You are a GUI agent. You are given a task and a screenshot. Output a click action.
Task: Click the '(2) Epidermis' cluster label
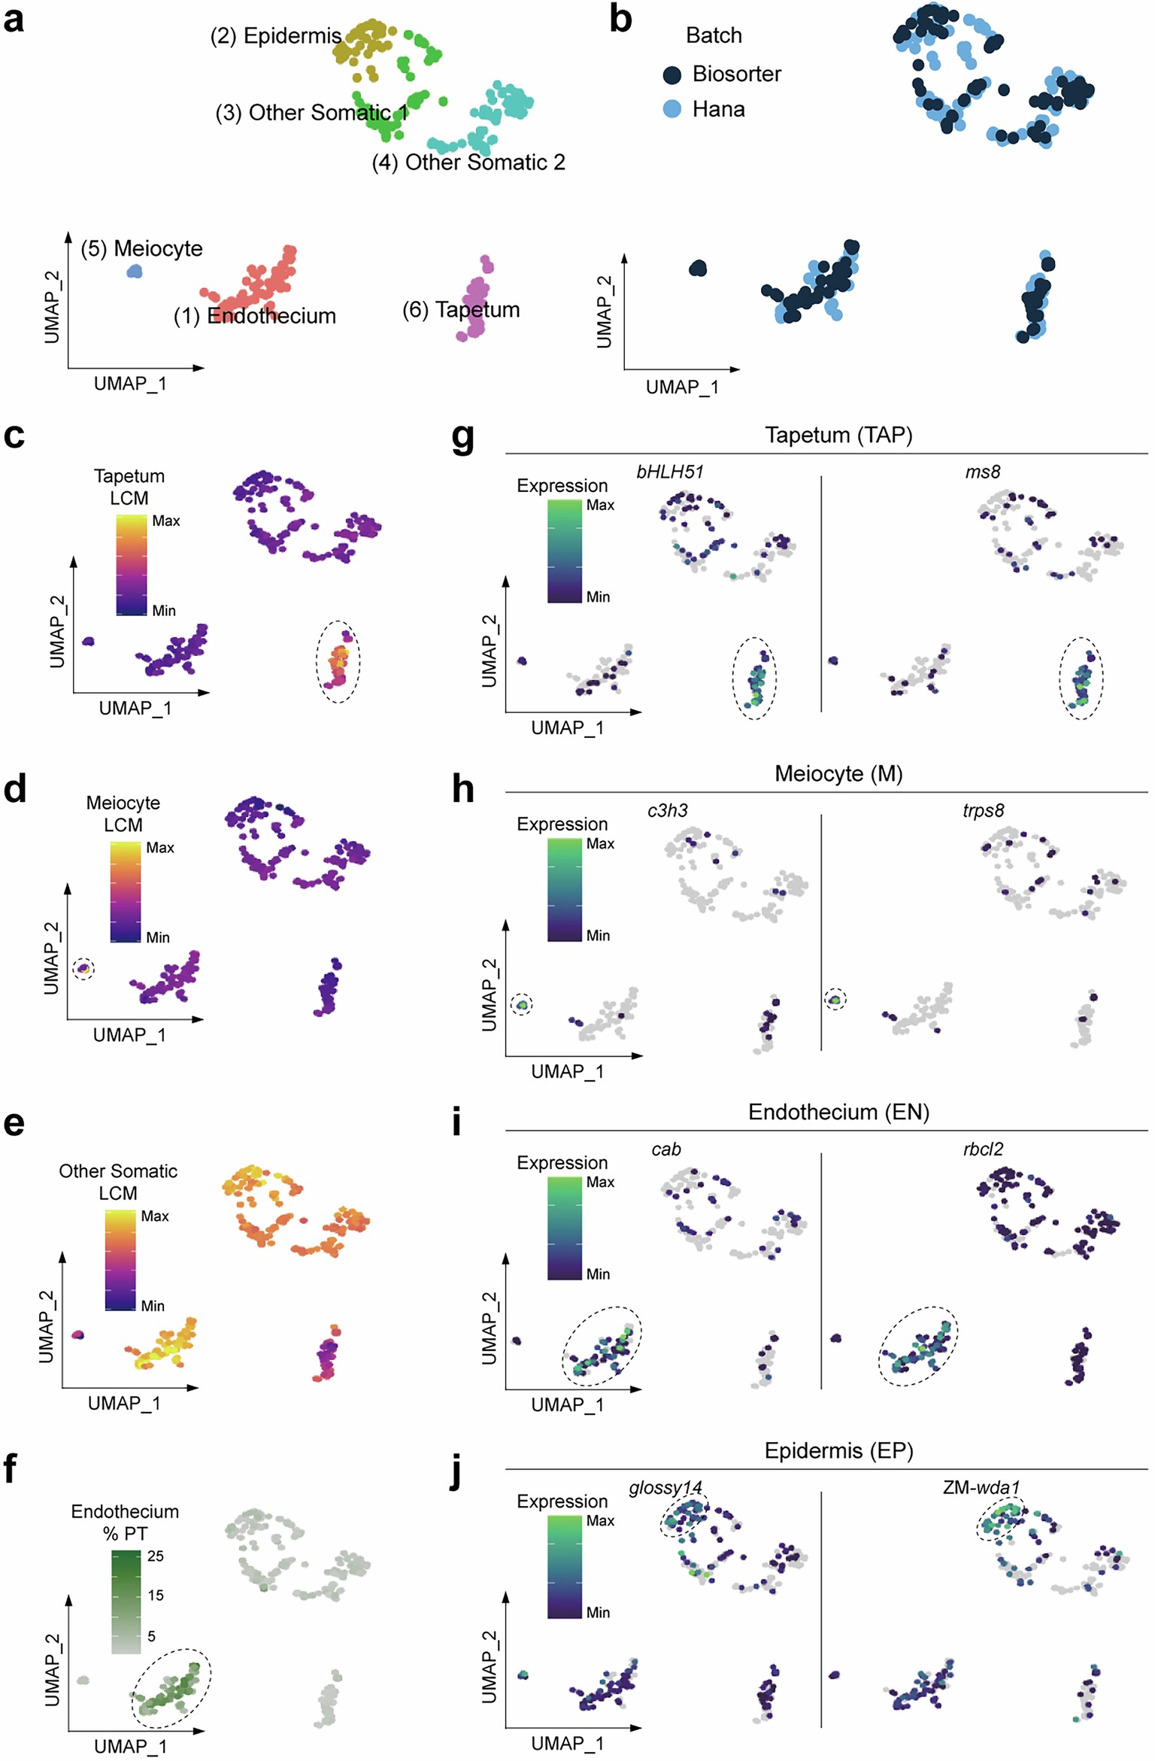point(275,36)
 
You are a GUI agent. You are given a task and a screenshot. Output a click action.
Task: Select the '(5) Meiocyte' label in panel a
point(141,248)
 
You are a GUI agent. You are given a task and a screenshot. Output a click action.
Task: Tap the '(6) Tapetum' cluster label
point(460,309)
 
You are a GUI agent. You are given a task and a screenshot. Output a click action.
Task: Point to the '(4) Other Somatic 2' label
point(468,162)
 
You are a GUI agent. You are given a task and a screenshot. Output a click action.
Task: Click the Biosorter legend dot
point(671,74)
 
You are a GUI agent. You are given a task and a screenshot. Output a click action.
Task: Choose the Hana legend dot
point(671,109)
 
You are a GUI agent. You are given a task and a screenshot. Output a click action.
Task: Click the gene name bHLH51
point(669,472)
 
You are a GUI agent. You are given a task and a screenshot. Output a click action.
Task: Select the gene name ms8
point(982,472)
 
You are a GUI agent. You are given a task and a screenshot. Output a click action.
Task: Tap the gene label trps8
point(983,810)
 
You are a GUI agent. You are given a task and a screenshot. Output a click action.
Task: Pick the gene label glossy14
point(665,1487)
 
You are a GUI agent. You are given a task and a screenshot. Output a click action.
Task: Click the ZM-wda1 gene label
point(981,1487)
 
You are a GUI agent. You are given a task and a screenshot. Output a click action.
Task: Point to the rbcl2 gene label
point(983,1149)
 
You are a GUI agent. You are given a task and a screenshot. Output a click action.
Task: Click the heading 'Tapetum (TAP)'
point(838,435)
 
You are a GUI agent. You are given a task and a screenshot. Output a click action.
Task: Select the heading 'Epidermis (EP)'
point(838,1450)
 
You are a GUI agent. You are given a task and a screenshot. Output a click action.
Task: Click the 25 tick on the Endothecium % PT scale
point(155,1556)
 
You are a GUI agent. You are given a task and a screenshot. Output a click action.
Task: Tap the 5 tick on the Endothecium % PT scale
point(151,1635)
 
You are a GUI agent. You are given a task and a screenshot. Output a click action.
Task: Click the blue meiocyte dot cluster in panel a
point(134,271)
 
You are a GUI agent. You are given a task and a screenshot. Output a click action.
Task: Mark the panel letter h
point(462,790)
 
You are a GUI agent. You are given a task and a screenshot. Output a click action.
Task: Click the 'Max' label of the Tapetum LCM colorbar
point(165,521)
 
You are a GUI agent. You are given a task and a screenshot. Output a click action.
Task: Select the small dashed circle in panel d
point(83,968)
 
